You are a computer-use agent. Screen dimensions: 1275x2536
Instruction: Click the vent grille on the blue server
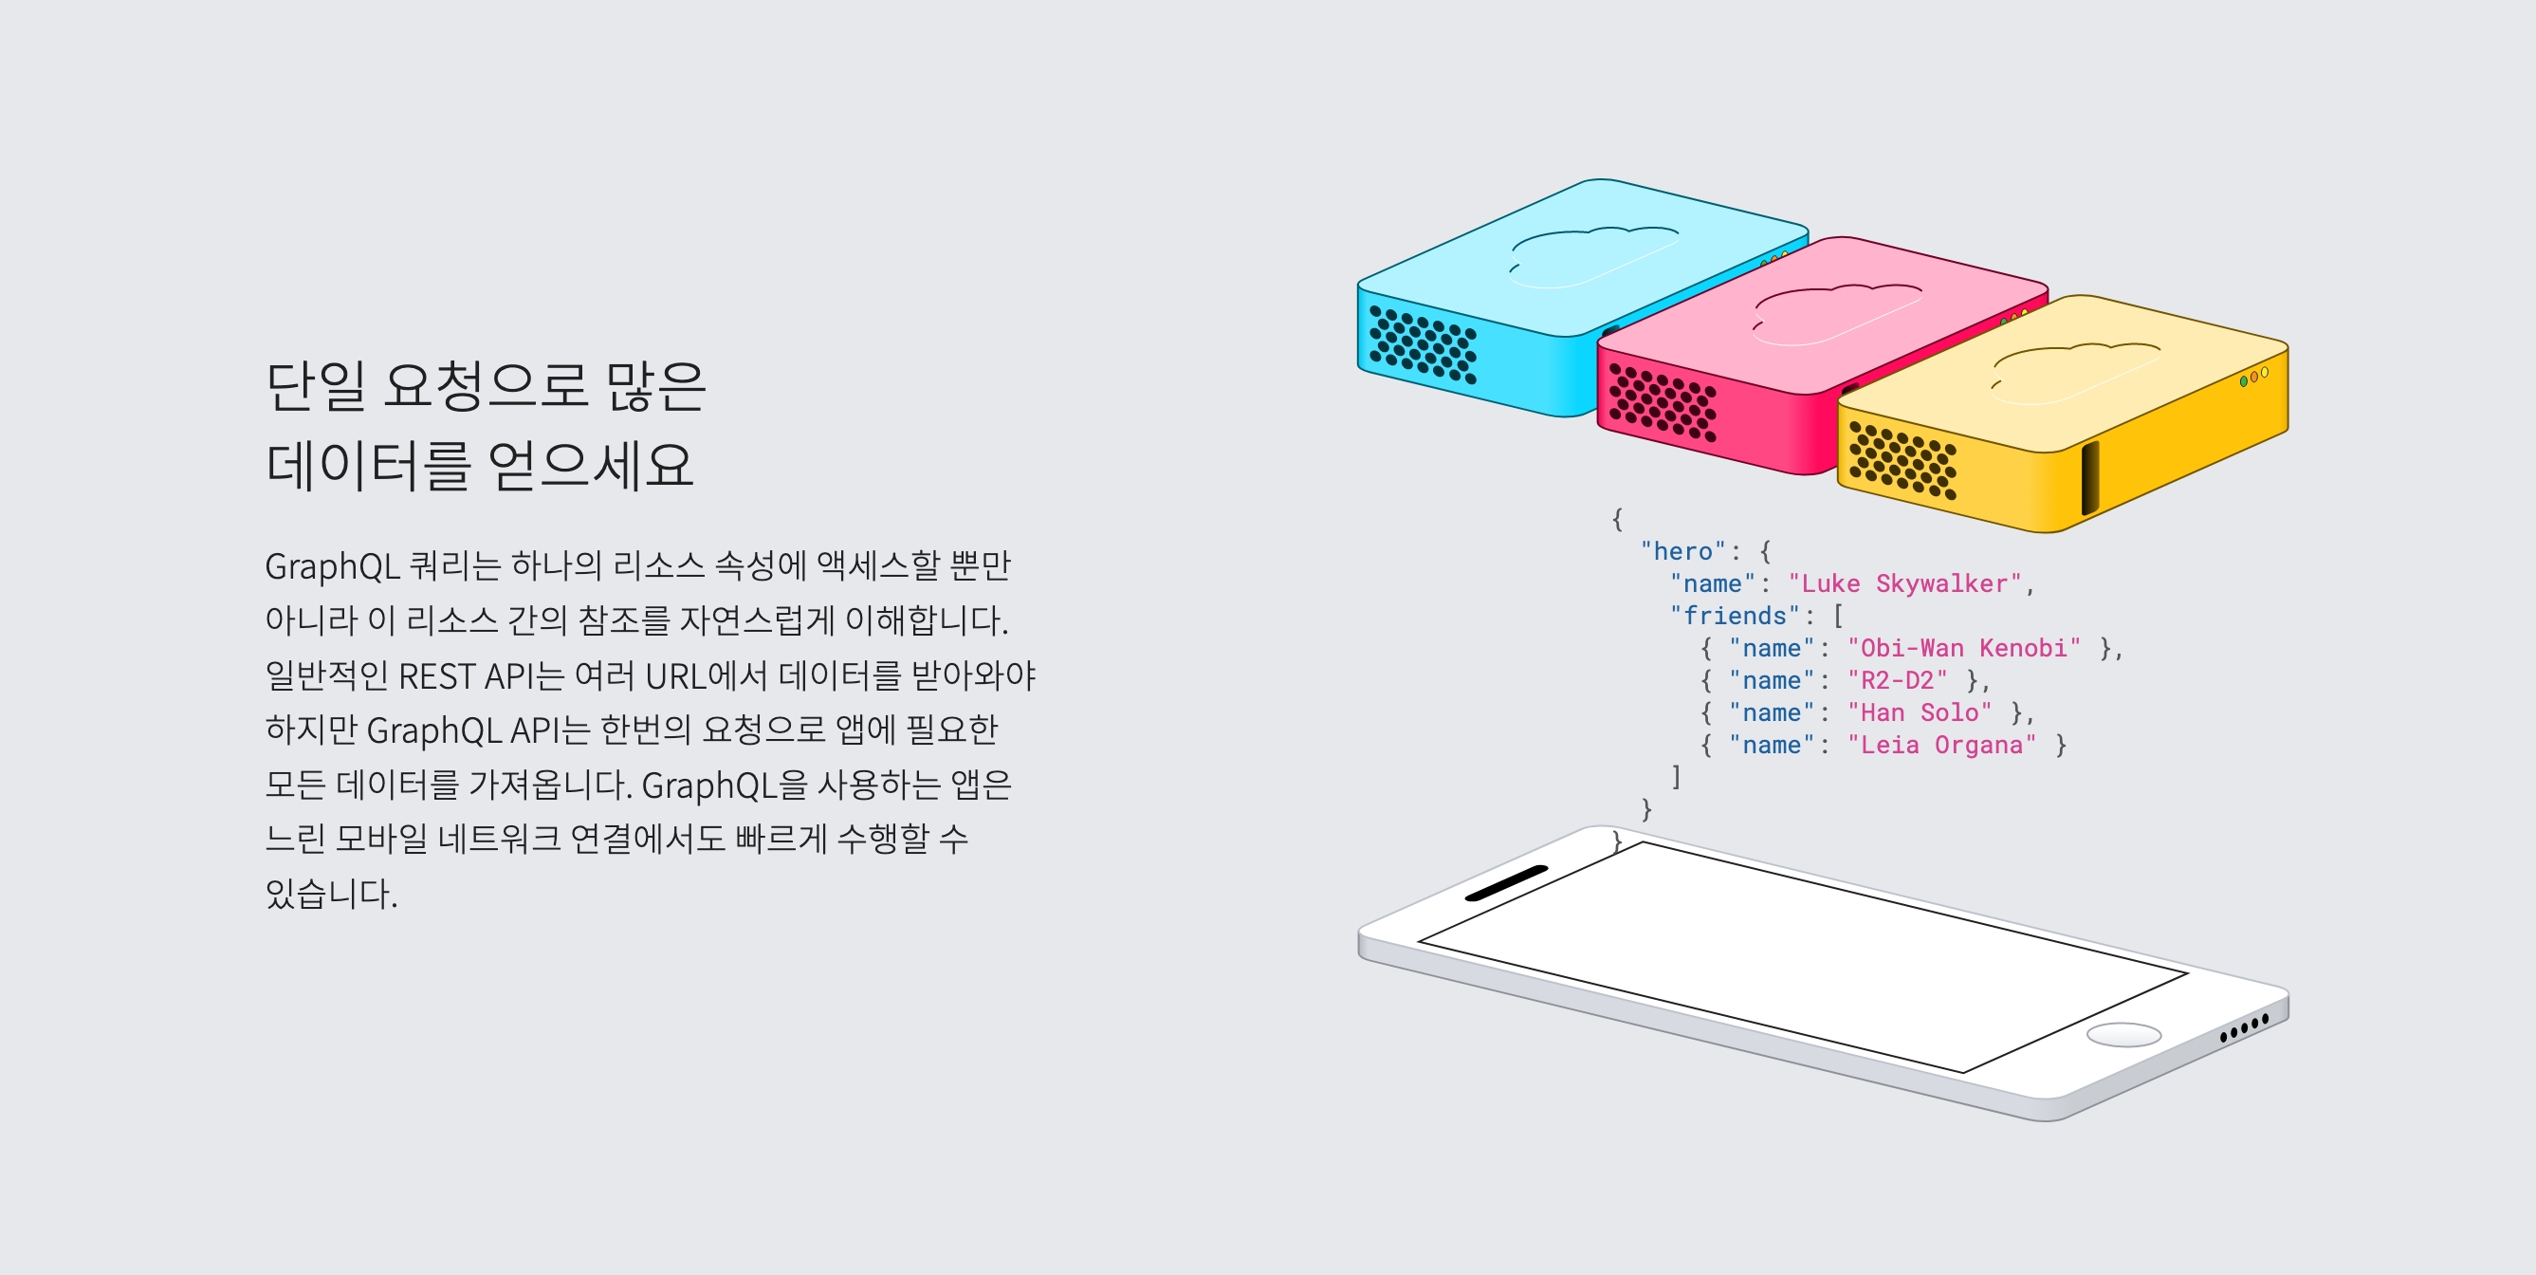point(1423,344)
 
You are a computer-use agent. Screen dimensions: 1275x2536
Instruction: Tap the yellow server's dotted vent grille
point(1902,460)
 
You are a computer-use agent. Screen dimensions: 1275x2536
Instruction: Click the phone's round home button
point(2123,1035)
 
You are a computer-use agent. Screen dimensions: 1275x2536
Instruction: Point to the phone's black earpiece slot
point(1505,883)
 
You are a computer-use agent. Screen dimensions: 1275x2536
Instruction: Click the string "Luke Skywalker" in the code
point(1905,583)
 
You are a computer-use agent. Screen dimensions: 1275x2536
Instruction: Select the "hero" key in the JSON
point(1682,551)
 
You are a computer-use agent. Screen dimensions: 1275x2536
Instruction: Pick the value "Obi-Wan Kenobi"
point(1964,648)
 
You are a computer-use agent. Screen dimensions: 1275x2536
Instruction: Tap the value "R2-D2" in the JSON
point(1897,680)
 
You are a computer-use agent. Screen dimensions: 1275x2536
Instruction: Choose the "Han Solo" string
point(1919,712)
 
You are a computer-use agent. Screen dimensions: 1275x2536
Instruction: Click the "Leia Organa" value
point(1941,746)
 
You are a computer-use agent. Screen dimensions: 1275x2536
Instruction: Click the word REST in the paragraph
point(436,676)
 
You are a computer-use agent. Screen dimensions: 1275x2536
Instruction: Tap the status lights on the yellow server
point(2253,376)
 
